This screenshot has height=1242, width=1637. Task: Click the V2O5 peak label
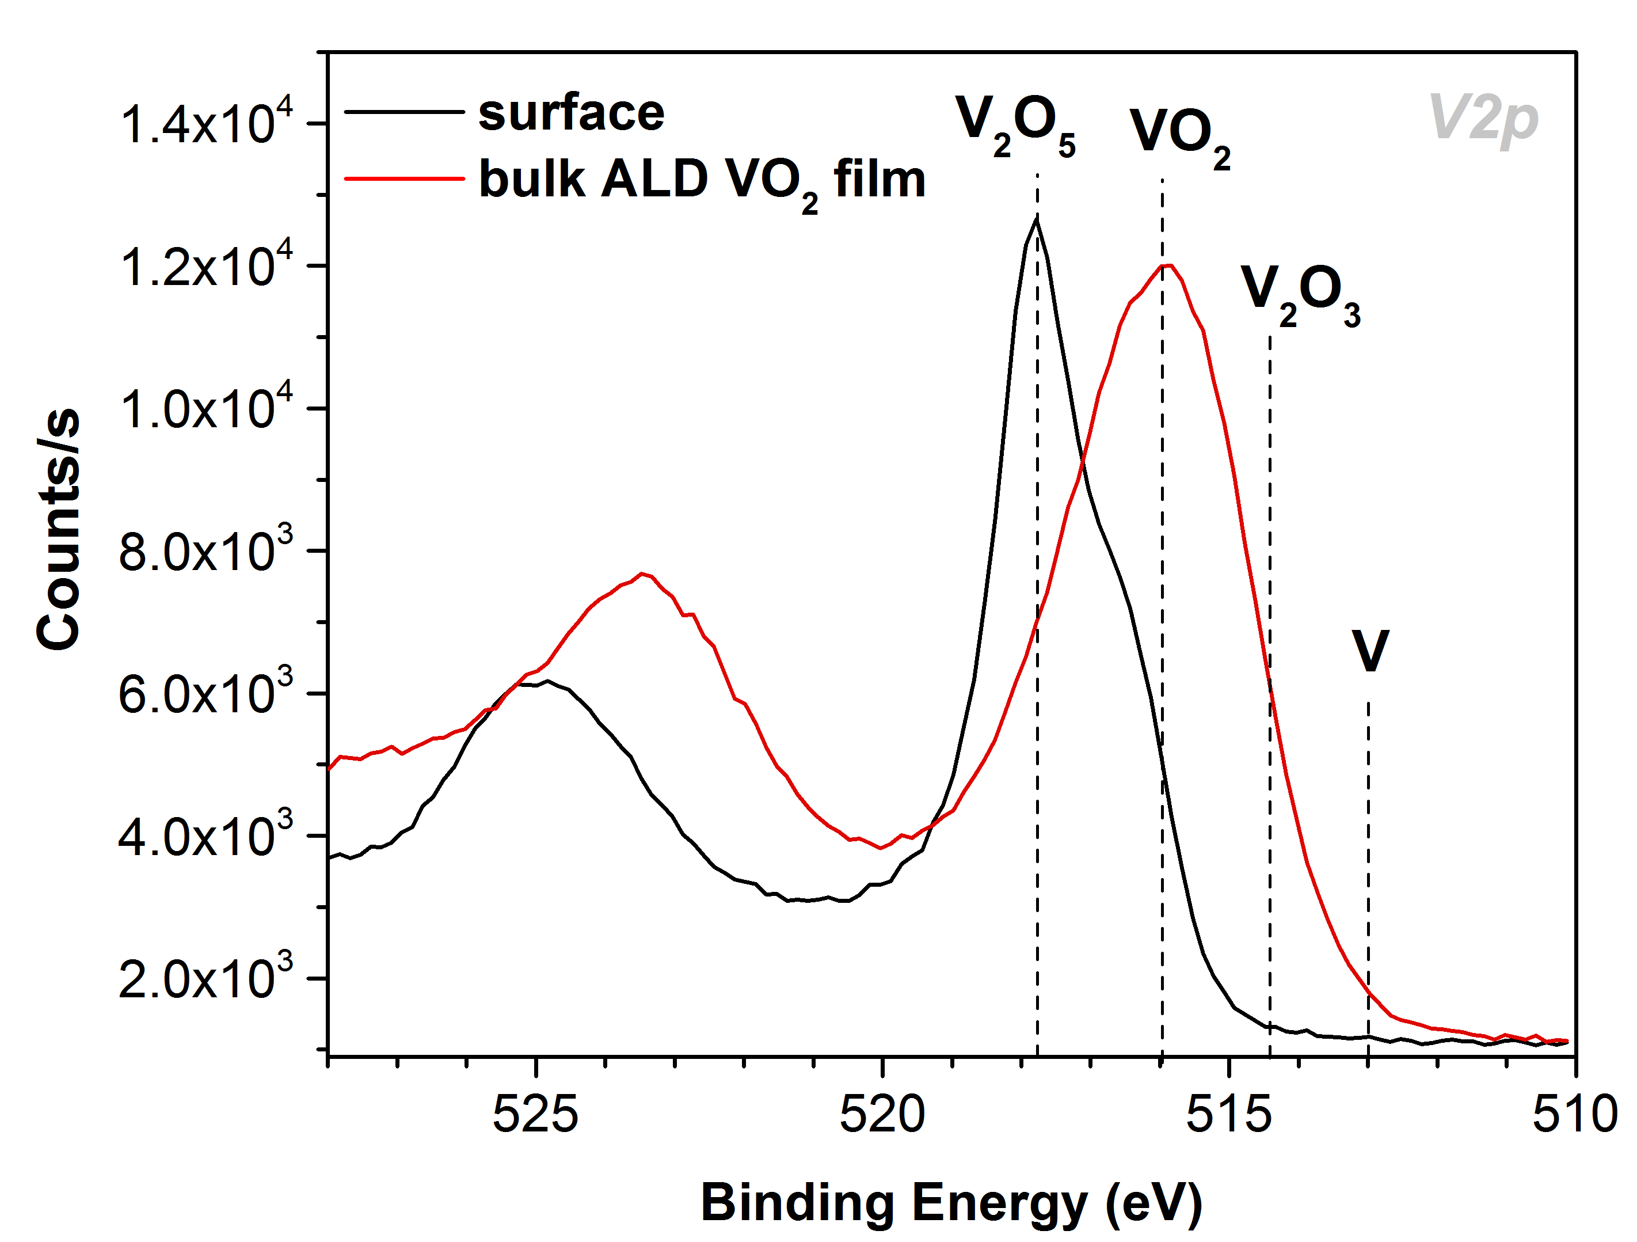pos(1014,124)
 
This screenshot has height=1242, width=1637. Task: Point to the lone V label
pos(1370,651)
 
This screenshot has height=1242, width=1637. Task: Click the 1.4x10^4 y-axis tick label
pos(205,122)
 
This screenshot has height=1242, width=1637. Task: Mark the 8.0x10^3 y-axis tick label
pos(205,550)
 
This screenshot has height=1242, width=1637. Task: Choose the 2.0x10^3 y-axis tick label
pos(205,978)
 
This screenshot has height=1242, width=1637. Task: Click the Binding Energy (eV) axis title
pos(951,1202)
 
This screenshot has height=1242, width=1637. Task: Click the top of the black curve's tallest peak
pos(1036,218)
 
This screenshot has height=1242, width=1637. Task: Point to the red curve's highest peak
pos(1168,265)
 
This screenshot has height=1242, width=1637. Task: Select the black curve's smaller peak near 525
pos(547,681)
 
